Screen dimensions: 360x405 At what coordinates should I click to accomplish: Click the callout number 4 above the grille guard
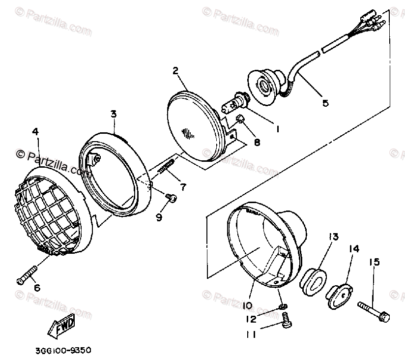(35, 131)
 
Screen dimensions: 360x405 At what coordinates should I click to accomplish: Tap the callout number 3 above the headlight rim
(113, 114)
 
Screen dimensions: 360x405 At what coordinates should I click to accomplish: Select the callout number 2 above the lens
(175, 70)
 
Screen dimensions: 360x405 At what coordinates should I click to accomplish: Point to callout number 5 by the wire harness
(325, 103)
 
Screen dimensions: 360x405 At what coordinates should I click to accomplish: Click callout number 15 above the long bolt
(375, 263)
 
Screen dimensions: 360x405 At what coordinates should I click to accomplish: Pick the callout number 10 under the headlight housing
(247, 305)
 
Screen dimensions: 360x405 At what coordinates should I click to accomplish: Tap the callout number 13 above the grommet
(334, 238)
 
